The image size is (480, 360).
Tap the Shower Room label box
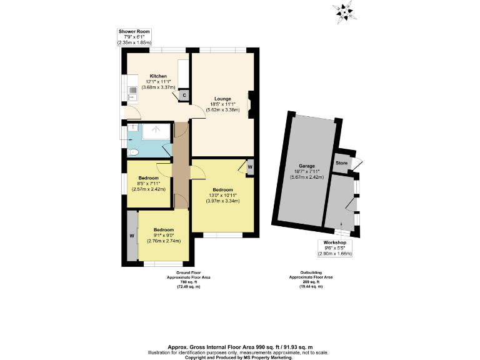click(x=134, y=37)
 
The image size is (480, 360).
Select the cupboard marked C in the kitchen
click(x=184, y=96)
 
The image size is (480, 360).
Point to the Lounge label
click(x=222, y=98)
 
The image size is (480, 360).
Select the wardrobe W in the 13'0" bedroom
click(x=249, y=167)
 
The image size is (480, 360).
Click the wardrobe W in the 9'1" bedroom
click(x=132, y=236)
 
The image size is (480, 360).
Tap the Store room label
click(x=341, y=163)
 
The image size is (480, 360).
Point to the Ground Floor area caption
click(x=183, y=279)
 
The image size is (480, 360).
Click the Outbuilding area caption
click(x=311, y=279)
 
